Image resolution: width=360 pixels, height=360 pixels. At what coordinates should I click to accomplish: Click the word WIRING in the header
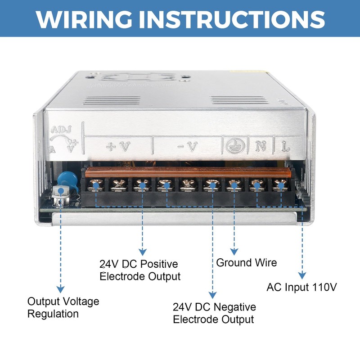[84, 19]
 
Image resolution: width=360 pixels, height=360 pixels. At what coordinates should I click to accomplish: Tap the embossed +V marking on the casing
[118, 147]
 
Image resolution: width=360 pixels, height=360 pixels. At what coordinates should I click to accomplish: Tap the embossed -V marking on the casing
[188, 147]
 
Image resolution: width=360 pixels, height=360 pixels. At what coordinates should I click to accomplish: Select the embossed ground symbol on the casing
[235, 146]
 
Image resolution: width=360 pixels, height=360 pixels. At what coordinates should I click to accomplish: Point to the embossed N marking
[261, 146]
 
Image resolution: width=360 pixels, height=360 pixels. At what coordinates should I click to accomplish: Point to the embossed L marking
[285, 146]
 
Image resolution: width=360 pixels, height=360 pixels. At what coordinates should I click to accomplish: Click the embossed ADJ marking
[61, 130]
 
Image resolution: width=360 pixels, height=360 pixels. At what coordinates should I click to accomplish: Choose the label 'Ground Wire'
[246, 263]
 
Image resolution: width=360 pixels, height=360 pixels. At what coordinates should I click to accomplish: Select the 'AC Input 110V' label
[301, 287]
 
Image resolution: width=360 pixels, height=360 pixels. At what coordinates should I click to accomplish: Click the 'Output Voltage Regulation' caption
[63, 308]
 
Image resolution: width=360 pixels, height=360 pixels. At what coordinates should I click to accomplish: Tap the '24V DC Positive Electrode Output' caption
[140, 270]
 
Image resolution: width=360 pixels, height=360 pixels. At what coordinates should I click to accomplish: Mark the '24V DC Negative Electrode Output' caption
[214, 313]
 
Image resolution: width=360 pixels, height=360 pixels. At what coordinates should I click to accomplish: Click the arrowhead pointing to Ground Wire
[234, 252]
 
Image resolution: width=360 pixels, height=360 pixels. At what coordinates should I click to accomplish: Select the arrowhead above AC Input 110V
[302, 275]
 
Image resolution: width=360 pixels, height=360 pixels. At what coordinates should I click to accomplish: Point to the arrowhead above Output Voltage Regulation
[61, 289]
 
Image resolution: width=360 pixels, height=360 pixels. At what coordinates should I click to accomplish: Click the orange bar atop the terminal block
[188, 172]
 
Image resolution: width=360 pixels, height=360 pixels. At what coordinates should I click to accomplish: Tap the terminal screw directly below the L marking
[280, 185]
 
